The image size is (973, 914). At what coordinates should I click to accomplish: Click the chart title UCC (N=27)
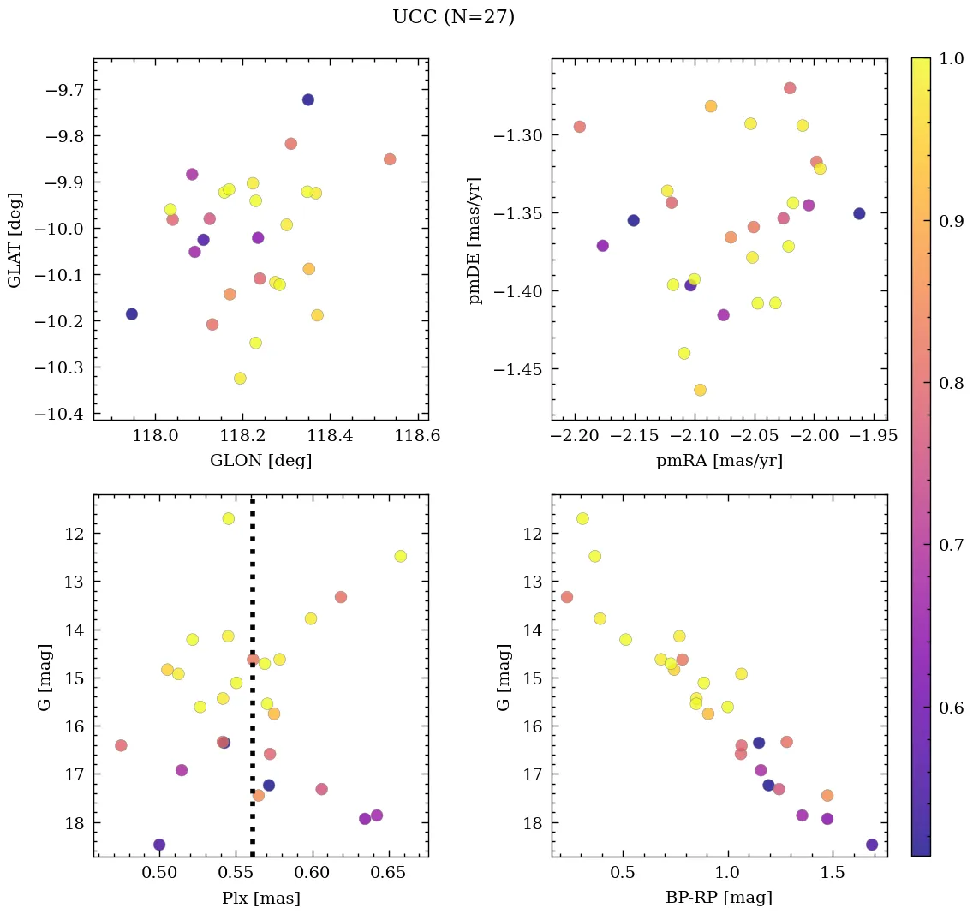click(453, 17)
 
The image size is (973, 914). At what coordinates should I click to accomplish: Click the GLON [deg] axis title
click(260, 461)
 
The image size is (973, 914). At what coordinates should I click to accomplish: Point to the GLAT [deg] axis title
click(15, 239)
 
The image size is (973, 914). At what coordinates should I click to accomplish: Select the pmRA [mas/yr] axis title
click(719, 461)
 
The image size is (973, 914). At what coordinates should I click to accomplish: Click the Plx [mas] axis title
click(260, 899)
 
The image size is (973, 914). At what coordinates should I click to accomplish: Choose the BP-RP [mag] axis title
click(719, 899)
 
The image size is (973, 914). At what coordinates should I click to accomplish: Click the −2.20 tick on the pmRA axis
click(575, 435)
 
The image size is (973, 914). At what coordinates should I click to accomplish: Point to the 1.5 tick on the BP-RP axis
click(833, 873)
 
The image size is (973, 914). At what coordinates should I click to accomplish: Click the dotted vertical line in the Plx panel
click(252, 685)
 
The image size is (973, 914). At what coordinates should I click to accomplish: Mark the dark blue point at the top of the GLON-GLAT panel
click(307, 100)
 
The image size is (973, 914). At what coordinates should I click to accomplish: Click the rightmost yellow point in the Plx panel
click(400, 556)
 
